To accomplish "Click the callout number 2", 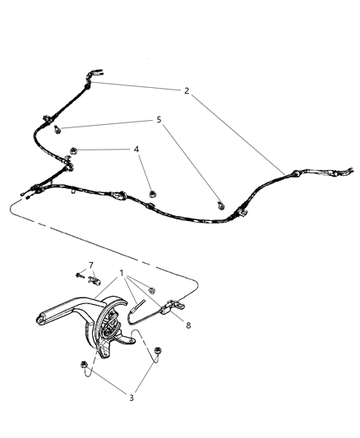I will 187,92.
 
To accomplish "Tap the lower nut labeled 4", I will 153,194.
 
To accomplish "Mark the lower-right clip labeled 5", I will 220,205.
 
